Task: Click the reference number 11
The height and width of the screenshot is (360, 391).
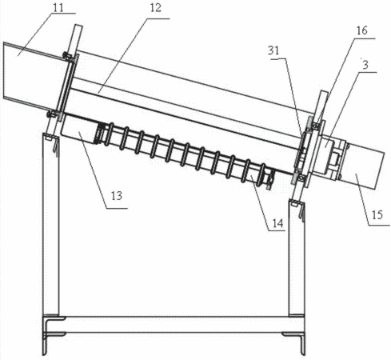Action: [x=58, y=7]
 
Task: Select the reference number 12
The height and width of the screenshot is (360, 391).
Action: [x=156, y=8]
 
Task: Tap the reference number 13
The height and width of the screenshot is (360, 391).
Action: [x=117, y=196]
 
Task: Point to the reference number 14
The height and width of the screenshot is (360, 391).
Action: [x=277, y=223]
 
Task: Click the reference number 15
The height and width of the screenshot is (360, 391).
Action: [x=377, y=214]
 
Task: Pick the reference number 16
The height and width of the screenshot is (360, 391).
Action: [x=362, y=30]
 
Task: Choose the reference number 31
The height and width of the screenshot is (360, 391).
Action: [x=273, y=50]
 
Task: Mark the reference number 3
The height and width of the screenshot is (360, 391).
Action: [x=365, y=65]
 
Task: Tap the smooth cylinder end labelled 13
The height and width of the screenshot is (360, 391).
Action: [x=78, y=130]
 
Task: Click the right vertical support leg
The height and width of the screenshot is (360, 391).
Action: [x=297, y=258]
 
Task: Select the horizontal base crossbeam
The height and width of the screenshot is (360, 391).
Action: [x=174, y=325]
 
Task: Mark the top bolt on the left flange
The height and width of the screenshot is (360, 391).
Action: [x=66, y=56]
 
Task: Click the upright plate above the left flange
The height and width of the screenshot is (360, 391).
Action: [x=75, y=40]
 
